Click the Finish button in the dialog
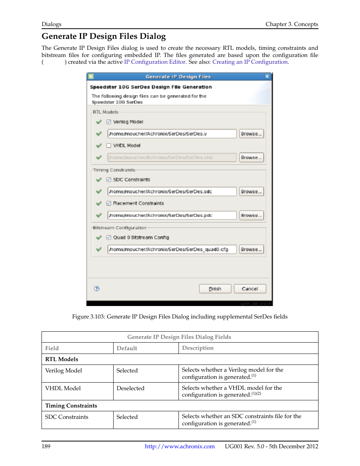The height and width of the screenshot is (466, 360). (x=215, y=289)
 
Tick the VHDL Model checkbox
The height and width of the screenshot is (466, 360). (x=109, y=146)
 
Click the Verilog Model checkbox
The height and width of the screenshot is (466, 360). (x=109, y=122)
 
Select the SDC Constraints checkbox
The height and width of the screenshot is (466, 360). (x=109, y=180)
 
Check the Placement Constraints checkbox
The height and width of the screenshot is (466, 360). (x=109, y=203)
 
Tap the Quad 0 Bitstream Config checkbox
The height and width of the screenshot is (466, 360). (x=109, y=238)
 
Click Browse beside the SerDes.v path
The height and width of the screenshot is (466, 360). (x=251, y=134)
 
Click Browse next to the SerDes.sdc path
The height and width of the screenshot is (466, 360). (x=251, y=192)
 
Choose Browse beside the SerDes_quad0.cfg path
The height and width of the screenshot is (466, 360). (x=251, y=249)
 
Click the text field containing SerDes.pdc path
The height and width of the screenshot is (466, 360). (x=172, y=215)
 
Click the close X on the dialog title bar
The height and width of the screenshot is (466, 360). (x=267, y=77)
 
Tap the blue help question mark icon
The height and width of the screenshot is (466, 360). (x=97, y=289)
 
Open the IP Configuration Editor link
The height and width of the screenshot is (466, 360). (x=155, y=62)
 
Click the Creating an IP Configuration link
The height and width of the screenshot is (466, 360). (x=250, y=62)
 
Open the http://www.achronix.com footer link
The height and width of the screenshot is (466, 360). (x=180, y=446)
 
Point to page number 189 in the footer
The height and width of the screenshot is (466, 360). (x=46, y=446)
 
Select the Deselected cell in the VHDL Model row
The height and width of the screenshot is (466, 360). (x=131, y=388)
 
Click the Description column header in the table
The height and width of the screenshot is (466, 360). (x=198, y=348)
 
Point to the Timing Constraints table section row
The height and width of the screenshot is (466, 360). (x=71, y=406)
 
